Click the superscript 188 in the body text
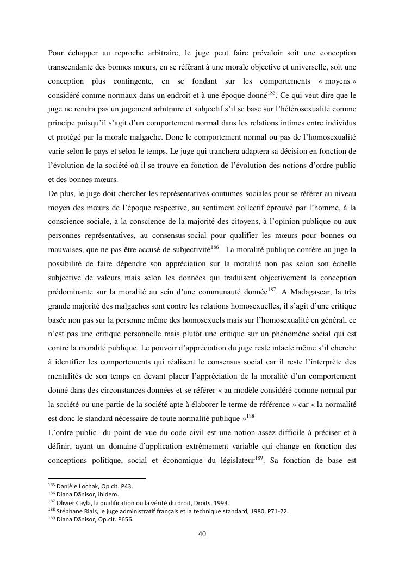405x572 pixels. coord(250,417)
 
